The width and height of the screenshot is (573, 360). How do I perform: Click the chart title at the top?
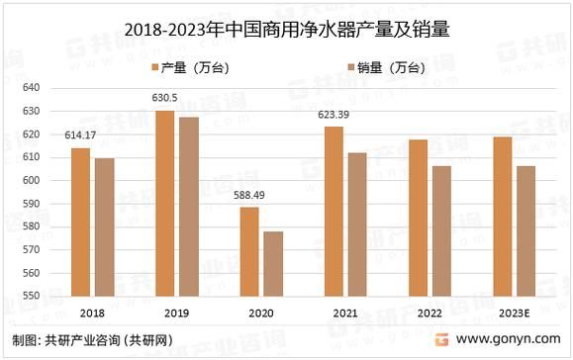[x=287, y=30]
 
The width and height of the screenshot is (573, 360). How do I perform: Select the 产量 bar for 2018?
[x=80, y=222]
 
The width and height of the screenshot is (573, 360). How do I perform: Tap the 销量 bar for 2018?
[x=104, y=226]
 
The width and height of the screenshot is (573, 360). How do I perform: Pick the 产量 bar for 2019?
[x=164, y=203]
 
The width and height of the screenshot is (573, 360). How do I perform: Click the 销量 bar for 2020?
[x=272, y=263]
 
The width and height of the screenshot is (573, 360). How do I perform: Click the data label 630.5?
[x=164, y=98]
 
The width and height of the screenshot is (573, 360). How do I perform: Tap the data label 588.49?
[x=247, y=195]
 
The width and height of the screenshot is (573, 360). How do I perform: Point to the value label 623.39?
[x=333, y=115]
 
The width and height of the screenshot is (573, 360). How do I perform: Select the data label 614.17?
[x=80, y=135]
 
